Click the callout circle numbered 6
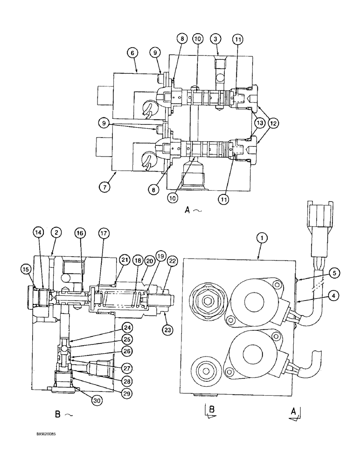(x=132, y=54)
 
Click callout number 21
(x=124, y=259)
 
